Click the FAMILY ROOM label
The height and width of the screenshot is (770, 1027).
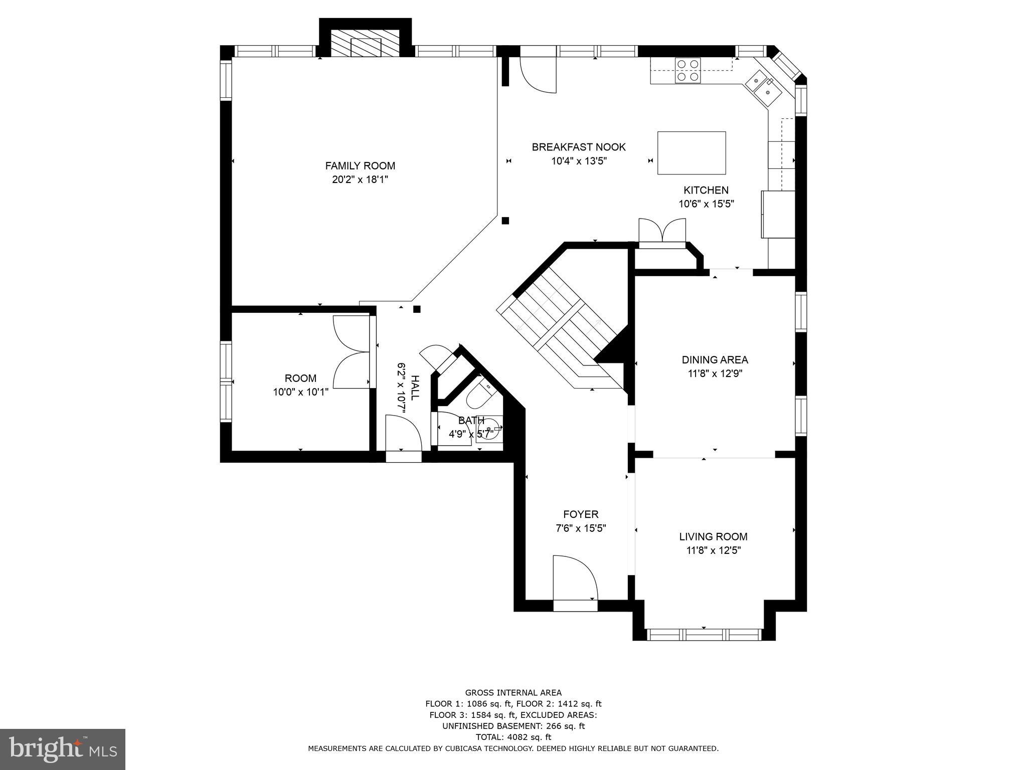click(360, 166)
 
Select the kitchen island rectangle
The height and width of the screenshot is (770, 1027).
click(692, 153)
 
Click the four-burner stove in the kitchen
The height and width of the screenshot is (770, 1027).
click(688, 70)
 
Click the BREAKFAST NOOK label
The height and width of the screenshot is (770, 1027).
click(579, 147)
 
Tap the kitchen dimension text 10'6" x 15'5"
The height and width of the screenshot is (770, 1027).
click(706, 204)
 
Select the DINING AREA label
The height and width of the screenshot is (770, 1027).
click(715, 359)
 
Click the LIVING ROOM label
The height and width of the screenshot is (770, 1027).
click(713, 536)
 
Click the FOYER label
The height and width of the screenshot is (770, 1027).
click(581, 514)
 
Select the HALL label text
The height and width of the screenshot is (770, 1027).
click(414, 388)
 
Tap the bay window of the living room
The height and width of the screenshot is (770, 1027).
click(704, 634)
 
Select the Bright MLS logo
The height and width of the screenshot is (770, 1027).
click(63, 749)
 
